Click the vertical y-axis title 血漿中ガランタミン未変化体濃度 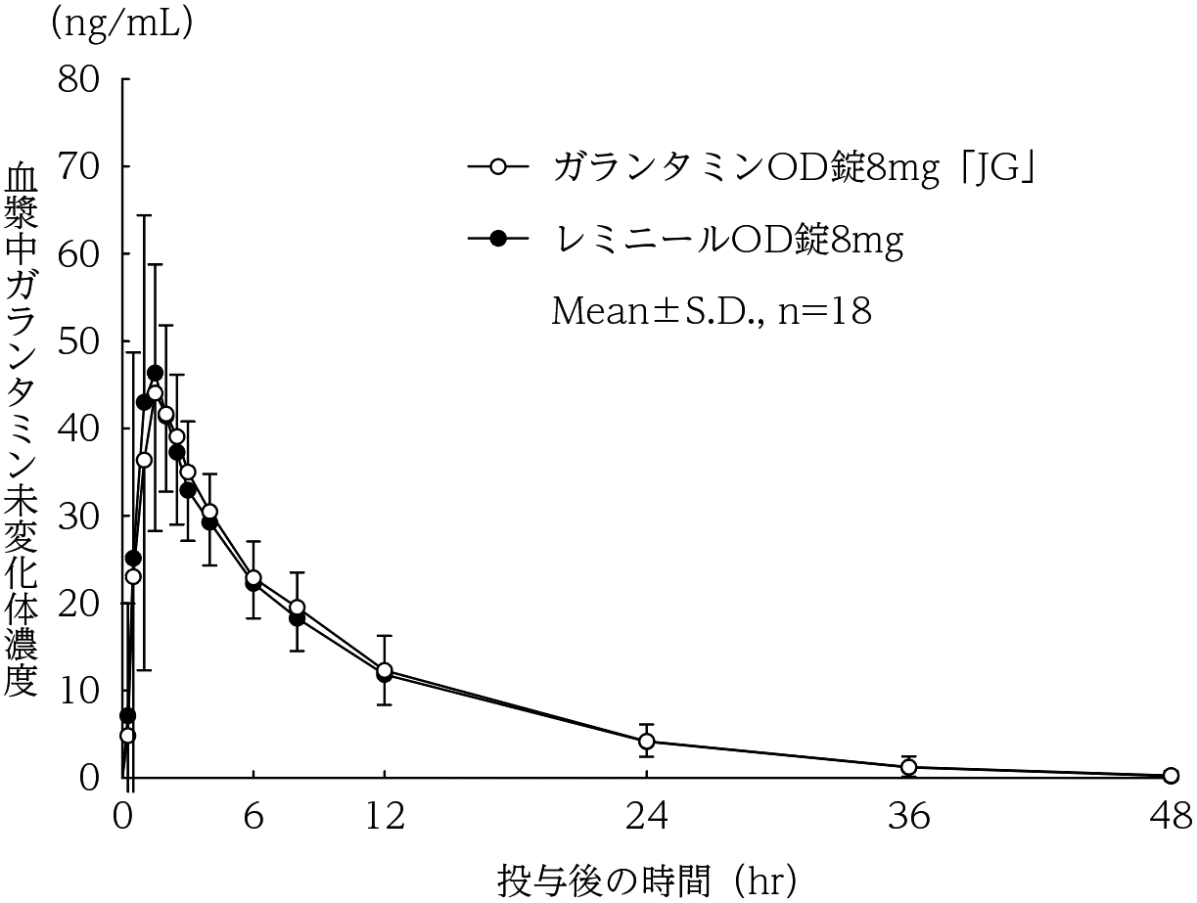coord(22,430)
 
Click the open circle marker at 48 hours coord(1171,776)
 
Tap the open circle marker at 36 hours coord(908,767)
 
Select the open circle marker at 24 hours coord(647,741)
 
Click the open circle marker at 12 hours coord(385,670)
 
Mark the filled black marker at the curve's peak coord(155,373)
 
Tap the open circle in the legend coord(497,167)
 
